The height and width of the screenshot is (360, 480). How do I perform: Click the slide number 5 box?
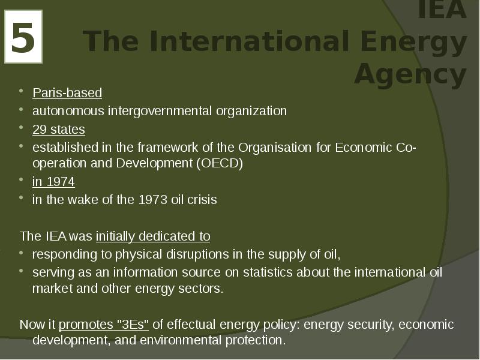pyautogui.click(x=23, y=37)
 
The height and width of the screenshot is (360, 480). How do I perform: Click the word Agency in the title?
pyautogui.click(x=410, y=74)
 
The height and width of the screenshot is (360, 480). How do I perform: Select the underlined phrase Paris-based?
pyautogui.click(x=67, y=93)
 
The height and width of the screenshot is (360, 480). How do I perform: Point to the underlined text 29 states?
pyautogui.click(x=59, y=130)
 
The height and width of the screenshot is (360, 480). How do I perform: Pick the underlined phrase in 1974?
pyautogui.click(x=53, y=182)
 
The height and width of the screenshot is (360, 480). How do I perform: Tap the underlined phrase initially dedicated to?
pyautogui.click(x=152, y=236)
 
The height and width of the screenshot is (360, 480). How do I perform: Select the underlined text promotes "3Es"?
pyautogui.click(x=104, y=325)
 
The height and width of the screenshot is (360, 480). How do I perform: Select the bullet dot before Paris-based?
pyautogui.click(x=21, y=92)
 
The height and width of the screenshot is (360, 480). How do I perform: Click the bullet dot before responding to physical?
pyautogui.click(x=21, y=253)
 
